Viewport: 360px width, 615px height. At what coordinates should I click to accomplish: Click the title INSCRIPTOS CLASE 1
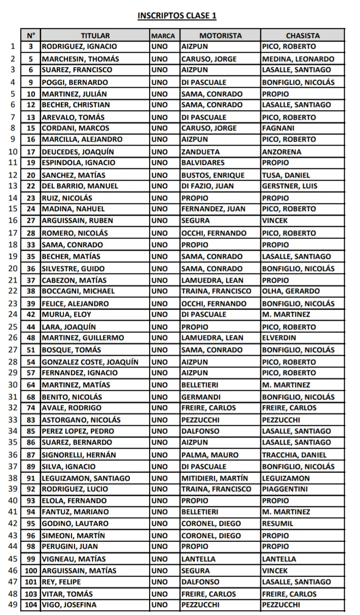pos(177,16)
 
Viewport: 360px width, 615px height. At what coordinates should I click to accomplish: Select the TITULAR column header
pos(95,36)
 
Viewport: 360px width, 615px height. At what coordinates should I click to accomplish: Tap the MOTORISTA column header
pos(221,36)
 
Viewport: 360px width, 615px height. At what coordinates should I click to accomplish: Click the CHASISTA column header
pos(303,36)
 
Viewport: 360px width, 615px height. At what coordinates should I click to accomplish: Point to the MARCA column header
pos(163,36)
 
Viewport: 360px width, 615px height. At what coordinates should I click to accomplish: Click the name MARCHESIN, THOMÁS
pos(73,59)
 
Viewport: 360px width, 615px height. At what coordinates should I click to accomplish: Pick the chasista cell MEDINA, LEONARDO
pos(298,59)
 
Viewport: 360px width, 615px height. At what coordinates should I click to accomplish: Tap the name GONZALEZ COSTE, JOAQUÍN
pos(90,361)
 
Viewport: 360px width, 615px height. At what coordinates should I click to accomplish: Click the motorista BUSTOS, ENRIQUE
pos(213,175)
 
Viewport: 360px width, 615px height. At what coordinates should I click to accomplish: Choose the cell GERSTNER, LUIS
pos(290,186)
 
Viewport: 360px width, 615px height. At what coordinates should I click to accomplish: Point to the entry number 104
pos(31,604)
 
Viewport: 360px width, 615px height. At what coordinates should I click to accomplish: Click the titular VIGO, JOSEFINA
pos(69,604)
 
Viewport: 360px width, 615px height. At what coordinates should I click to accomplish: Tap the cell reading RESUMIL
pos(277,523)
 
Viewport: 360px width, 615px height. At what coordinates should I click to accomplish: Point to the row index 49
pos(13,604)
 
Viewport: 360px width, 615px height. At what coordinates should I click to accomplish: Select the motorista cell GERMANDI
pos(201,397)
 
